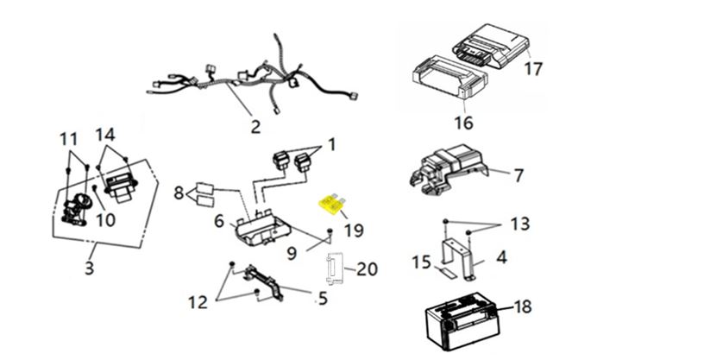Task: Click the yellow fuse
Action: (x=330, y=204)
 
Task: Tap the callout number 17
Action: (x=533, y=67)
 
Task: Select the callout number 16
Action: (x=463, y=123)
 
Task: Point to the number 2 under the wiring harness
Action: (x=255, y=127)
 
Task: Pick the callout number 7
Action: (x=518, y=176)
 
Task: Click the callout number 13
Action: (x=519, y=224)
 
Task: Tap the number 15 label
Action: (x=421, y=262)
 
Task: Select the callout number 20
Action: (x=367, y=270)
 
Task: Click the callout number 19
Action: (x=354, y=231)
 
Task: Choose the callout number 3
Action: (x=89, y=268)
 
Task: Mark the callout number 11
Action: (x=68, y=138)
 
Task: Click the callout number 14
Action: (x=104, y=135)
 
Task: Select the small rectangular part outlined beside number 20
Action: (x=335, y=268)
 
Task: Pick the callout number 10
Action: (x=105, y=220)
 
